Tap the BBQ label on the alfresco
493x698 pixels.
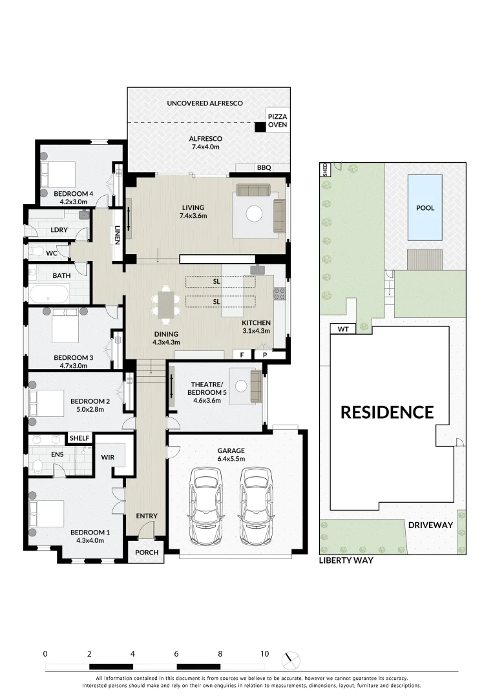(264, 168)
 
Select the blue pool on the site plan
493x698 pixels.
(425, 208)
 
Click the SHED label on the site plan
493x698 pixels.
(324, 169)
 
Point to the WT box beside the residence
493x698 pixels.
(343, 330)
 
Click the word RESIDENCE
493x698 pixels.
(387, 412)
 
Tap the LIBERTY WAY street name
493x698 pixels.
(346, 561)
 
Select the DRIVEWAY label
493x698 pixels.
(430, 525)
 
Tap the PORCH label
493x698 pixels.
(146, 553)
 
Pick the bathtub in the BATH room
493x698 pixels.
(50, 295)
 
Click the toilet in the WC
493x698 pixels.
(37, 251)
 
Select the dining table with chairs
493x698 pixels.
(167, 306)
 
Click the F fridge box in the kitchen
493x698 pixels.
(242, 355)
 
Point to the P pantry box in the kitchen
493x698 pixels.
(265, 355)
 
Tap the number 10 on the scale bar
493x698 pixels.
(264, 653)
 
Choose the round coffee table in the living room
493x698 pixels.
(255, 213)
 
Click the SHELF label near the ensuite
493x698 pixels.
(79, 438)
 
